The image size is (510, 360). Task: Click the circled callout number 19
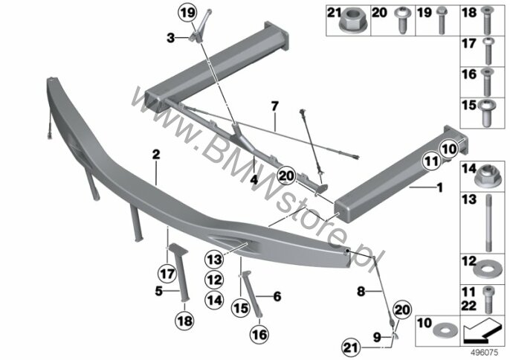point(188,13)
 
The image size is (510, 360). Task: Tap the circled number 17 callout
point(167,274)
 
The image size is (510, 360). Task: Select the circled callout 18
point(184,321)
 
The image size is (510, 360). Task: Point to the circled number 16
point(259,334)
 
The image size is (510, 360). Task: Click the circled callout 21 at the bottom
point(351,348)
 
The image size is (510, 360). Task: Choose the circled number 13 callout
point(214,260)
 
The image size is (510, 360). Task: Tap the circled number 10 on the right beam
point(450,149)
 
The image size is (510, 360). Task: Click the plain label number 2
point(156,155)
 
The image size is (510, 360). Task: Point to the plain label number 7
point(275,106)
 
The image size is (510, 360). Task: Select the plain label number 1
point(440,188)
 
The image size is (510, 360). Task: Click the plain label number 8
point(361,292)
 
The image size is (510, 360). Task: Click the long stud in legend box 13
point(488,222)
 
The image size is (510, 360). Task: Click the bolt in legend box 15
point(486,113)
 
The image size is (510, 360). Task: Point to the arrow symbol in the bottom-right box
point(482,331)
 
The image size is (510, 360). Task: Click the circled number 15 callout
point(241,308)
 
